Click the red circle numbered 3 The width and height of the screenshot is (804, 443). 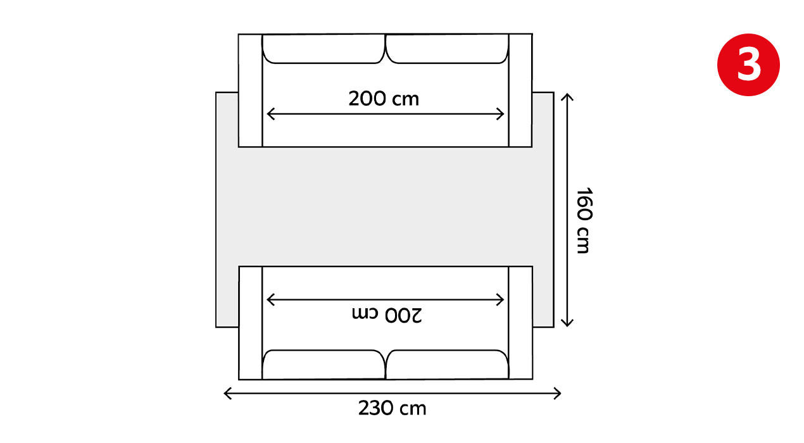pos(748,65)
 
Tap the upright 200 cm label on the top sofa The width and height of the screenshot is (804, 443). pos(384,99)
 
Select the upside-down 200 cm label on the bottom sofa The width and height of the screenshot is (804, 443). pos(387,315)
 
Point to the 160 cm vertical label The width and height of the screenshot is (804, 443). pos(584,220)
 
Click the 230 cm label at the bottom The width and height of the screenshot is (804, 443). pos(392,408)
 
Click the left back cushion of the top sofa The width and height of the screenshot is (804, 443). pos(323,49)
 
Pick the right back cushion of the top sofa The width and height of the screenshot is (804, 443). pos(447,49)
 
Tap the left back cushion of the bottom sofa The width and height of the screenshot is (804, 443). pos(323,365)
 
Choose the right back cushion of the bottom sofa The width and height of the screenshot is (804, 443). pos(447,365)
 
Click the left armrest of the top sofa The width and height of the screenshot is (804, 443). pos(250,90)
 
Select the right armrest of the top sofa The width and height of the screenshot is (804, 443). pos(520,90)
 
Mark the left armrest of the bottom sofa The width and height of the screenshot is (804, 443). pos(251,323)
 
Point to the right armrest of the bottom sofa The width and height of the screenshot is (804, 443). pos(521,323)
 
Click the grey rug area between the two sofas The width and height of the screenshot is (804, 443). pos(385,206)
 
